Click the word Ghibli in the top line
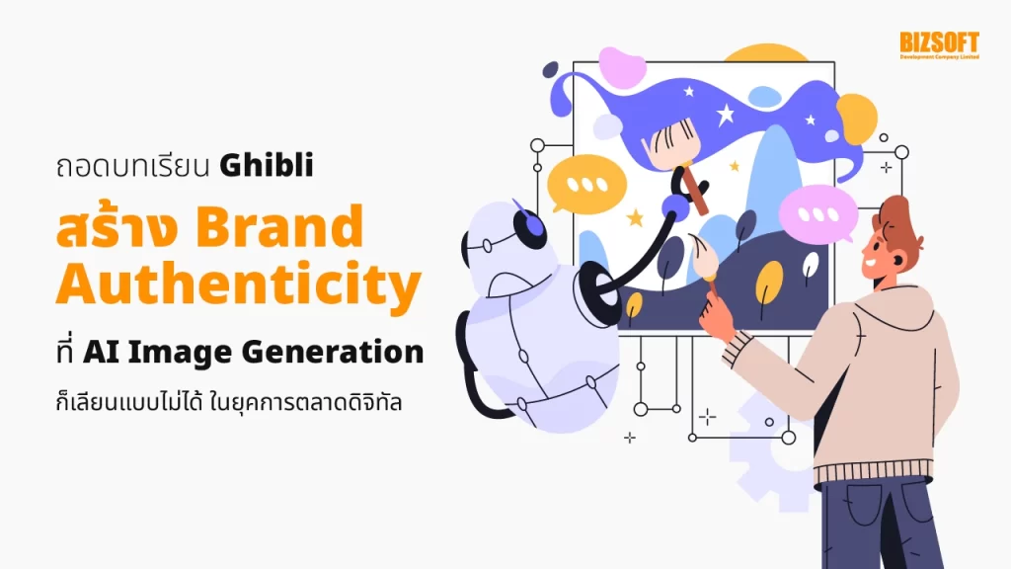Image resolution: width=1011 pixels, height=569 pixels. (x=267, y=165)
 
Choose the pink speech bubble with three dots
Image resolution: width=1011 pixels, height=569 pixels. (x=817, y=212)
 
